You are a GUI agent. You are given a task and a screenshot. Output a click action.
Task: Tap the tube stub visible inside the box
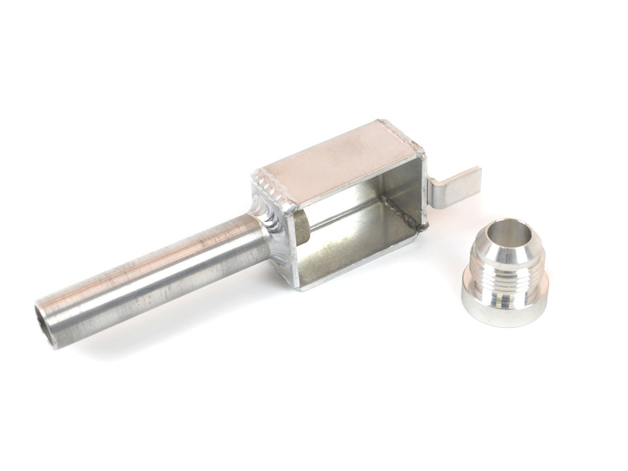pos(301,228)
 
